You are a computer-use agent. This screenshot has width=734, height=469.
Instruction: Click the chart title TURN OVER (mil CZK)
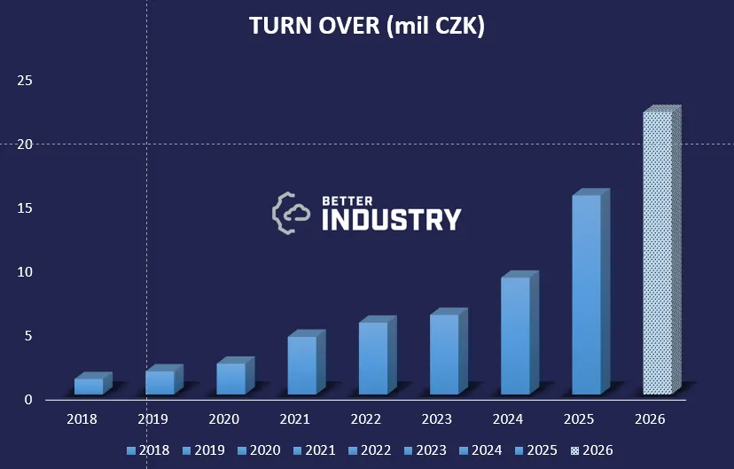pos(367,27)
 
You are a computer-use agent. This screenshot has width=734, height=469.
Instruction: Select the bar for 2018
pos(89,386)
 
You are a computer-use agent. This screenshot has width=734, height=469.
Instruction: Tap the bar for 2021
pos(301,365)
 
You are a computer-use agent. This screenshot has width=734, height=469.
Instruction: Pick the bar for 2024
pos(515,335)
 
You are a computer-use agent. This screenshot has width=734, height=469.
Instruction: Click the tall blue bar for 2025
pos(586,294)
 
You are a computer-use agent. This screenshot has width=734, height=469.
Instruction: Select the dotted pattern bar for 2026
pos(658,253)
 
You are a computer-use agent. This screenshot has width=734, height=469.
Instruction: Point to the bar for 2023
pos(444,355)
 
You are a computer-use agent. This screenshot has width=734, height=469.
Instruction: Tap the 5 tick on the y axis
pos(28,336)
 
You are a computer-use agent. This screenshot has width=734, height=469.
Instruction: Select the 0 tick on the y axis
pos(28,400)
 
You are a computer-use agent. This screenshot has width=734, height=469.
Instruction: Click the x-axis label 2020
pos(224,418)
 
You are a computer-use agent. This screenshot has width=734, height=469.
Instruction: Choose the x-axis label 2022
pos(366,418)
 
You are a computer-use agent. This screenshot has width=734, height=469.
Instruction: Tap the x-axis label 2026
pos(650,418)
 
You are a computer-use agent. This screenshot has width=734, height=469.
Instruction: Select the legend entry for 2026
pos(590,450)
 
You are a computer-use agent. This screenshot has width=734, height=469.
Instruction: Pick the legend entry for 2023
pos(424,450)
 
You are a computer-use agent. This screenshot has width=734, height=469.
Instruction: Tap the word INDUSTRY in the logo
pos(391,219)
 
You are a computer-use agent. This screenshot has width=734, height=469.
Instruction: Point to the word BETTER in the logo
pos(348,200)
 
